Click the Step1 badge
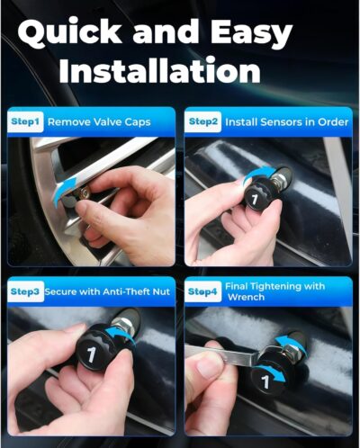25,121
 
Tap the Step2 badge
203,121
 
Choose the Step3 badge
26,291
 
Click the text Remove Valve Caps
99,121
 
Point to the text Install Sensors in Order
282,121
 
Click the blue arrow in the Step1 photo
63,193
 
